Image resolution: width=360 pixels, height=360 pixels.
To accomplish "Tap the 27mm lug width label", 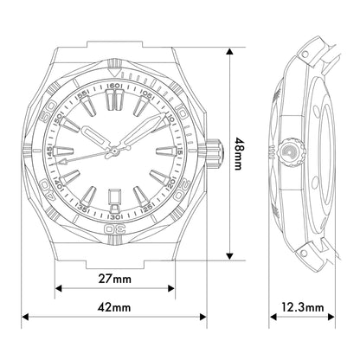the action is click(x=115, y=279).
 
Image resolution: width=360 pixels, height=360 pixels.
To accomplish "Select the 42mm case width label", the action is click(x=114, y=307).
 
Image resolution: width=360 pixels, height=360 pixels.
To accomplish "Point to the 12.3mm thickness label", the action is click(x=303, y=307).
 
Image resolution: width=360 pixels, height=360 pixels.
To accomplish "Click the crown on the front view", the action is click(x=215, y=153).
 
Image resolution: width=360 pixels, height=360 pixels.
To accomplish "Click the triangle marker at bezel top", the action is click(x=114, y=72).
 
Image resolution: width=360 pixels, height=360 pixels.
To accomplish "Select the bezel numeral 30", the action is click(x=114, y=229).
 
